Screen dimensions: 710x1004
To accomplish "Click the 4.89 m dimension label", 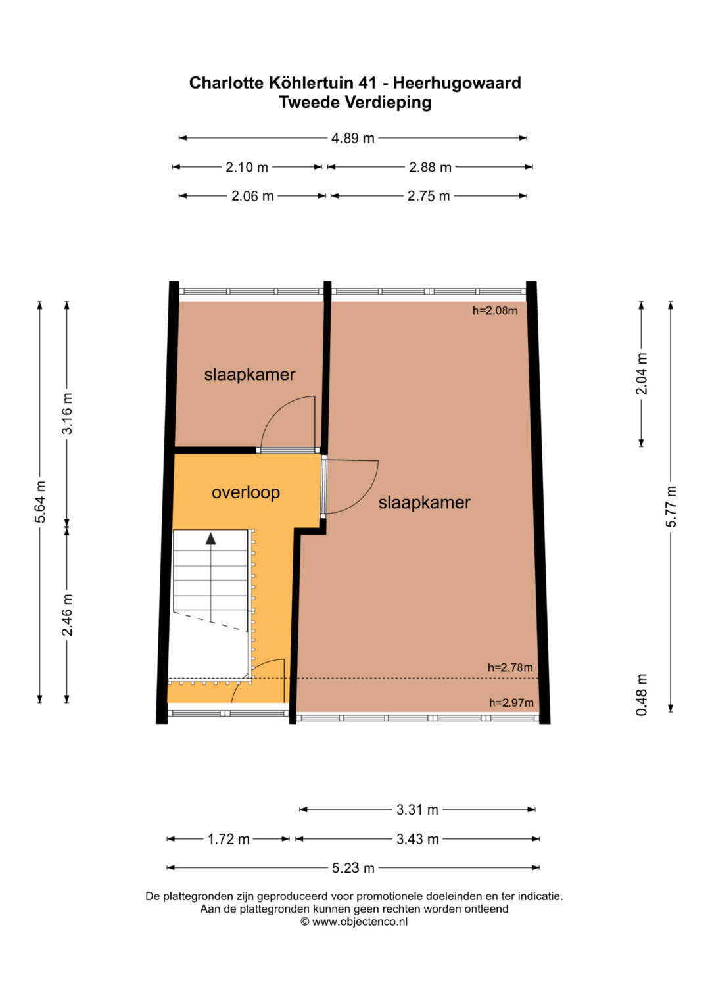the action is coord(353,138).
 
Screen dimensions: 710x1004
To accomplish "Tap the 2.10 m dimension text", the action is coord(247,167).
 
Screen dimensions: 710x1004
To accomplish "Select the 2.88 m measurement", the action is coord(430,167).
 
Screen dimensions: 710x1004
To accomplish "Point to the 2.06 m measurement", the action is coord(252,196).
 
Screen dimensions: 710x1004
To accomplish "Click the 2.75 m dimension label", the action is coord(429,196).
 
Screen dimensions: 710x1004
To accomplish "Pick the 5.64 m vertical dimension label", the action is coord(40,502).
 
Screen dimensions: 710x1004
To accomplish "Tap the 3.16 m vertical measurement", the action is coord(67,414).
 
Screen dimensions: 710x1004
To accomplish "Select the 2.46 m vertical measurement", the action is coord(67,615).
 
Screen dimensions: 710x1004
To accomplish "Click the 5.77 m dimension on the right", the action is coord(671,506).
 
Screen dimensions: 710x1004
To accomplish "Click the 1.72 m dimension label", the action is coord(228,839).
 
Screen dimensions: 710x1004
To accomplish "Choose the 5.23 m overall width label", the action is coord(353,868).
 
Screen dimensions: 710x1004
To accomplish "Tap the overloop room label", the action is coord(246,492).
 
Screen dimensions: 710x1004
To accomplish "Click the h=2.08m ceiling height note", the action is coord(495,310).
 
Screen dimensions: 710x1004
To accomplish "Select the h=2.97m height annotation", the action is coord(511,702).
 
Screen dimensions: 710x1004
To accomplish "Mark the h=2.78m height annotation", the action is coord(510,667).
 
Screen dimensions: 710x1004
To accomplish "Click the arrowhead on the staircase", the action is coord(210,538).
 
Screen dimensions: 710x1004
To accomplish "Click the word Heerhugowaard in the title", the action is coord(457,83).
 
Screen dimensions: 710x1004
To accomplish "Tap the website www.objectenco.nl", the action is coord(360,922).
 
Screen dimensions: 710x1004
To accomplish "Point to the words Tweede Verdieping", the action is coord(355,102).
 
